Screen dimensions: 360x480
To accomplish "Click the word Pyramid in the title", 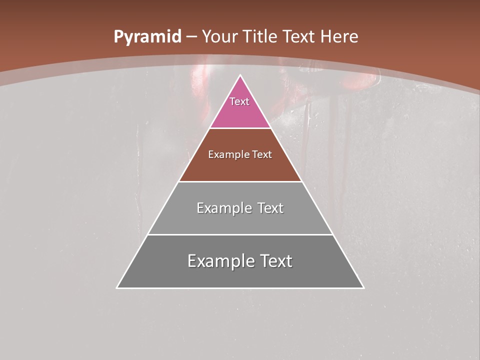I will coord(147,37).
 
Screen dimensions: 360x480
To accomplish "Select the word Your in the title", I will coord(219,37).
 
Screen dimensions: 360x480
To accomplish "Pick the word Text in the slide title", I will coord(300,37).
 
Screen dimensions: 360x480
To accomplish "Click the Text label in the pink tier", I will coord(239,101).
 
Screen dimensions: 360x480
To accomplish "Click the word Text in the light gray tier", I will coord(270,208).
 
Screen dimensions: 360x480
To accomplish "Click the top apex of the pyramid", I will coord(240,75).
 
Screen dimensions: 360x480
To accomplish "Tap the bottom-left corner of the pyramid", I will coord(117,287).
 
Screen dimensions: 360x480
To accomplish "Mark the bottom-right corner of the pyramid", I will coord(363,287).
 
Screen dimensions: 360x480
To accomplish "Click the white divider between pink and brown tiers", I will coord(240,128).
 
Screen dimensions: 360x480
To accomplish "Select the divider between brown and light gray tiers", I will coord(240,181).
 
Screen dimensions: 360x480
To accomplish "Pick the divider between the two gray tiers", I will coord(240,234).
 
